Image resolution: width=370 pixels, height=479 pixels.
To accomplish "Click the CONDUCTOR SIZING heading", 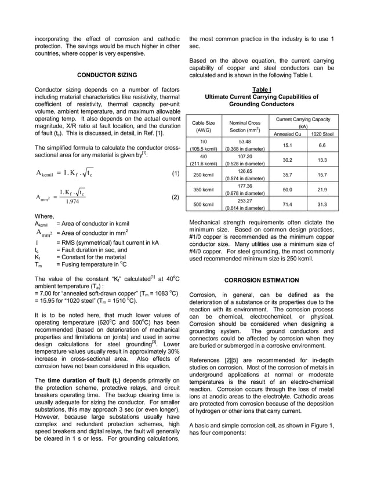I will (x=107, y=75).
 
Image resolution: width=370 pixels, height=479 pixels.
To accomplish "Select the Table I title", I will (x=262, y=89).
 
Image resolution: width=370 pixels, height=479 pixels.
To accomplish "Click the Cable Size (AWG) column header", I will (x=203, y=127).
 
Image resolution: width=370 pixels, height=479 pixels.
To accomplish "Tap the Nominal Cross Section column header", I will (x=245, y=127).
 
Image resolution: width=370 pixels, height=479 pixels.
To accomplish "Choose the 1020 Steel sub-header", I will (x=322, y=134).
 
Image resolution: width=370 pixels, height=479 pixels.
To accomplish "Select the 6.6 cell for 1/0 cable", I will (x=322, y=145).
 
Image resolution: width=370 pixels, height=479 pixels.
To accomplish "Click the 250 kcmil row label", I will (x=203, y=175).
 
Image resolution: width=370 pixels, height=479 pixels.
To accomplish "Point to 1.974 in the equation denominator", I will (x=72, y=202).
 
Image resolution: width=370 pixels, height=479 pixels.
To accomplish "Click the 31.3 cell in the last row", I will (x=322, y=205).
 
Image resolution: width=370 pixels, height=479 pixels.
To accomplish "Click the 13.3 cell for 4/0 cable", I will (x=322, y=160).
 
